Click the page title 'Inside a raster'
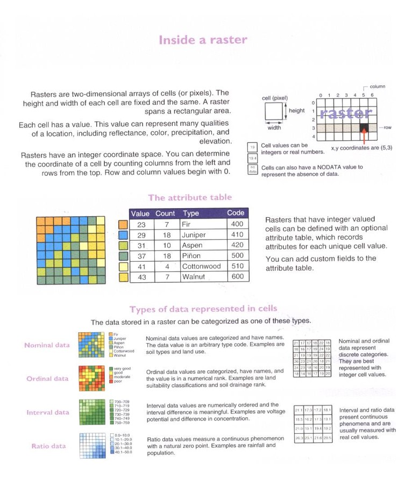coord(203,40)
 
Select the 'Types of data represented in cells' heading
coord(203,309)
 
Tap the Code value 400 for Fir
coord(236,224)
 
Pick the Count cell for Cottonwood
coord(167,266)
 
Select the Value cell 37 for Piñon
coord(141,256)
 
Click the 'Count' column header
coord(165,213)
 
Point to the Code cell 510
coord(236,266)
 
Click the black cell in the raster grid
coord(364,128)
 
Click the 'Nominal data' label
coord(47,345)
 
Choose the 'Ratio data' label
coord(48,446)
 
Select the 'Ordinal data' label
coord(47,378)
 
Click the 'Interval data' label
coord(48,412)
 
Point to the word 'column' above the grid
coord(377,87)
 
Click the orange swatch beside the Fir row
coord(122,224)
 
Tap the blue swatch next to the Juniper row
coord(122,235)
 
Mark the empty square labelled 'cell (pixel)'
coord(274,113)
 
